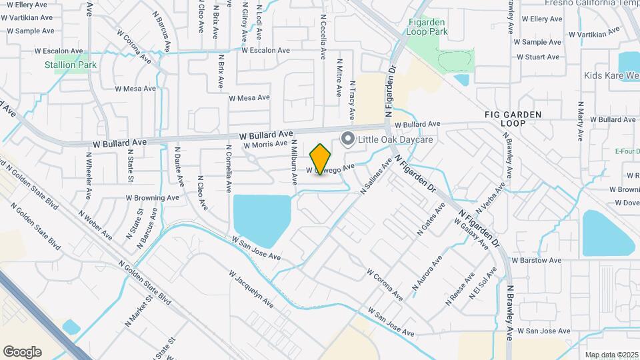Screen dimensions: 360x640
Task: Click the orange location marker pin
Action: click(321, 159)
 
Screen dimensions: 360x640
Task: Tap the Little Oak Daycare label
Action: click(396, 139)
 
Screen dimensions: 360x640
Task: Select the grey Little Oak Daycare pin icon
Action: click(347, 139)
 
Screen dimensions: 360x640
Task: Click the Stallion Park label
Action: click(71, 65)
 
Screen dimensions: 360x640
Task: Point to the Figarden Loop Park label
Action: click(427, 27)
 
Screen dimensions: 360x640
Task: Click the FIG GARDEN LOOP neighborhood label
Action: click(513, 119)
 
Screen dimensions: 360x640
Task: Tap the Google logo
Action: click(22, 351)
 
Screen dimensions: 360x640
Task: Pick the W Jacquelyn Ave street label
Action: click(251, 289)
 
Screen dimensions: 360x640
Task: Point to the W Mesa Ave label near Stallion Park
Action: click(135, 88)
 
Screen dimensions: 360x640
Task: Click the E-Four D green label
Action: click(627, 151)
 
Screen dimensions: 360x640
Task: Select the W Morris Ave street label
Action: click(265, 144)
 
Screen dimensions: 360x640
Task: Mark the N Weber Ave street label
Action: click(95, 225)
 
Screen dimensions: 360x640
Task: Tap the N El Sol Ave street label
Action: click(483, 283)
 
